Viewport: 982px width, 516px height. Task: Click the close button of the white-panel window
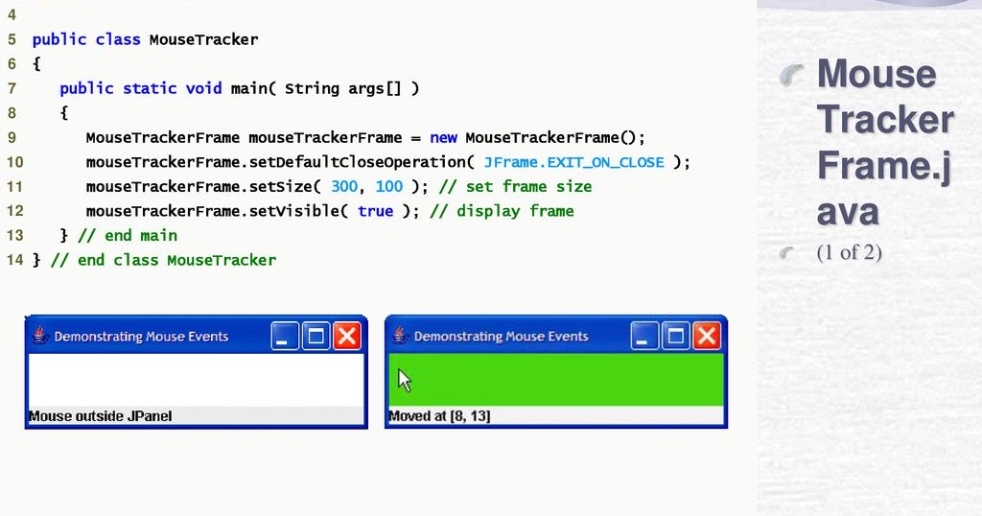click(346, 336)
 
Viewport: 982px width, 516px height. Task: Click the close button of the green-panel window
click(707, 336)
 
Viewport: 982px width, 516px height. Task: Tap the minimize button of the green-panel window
click(644, 336)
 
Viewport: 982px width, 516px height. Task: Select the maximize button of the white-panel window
click(316, 336)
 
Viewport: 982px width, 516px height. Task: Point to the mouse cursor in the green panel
click(404, 380)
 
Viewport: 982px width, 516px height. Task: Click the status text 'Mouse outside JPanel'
click(101, 416)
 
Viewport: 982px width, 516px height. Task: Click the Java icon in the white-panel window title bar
click(40, 336)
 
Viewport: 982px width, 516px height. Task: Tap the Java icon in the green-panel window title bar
click(400, 336)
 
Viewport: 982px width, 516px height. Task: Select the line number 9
click(12, 137)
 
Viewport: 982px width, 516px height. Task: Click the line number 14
click(13, 260)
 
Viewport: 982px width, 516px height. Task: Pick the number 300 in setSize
click(344, 186)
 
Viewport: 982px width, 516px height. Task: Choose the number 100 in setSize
click(388, 186)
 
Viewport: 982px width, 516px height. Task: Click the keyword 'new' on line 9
click(443, 137)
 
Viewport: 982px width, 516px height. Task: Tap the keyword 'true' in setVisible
click(375, 211)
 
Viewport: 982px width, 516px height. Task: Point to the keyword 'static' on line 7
click(150, 88)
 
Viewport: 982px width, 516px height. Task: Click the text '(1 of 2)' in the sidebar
click(849, 253)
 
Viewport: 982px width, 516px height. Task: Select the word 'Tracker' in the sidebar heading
click(884, 120)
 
